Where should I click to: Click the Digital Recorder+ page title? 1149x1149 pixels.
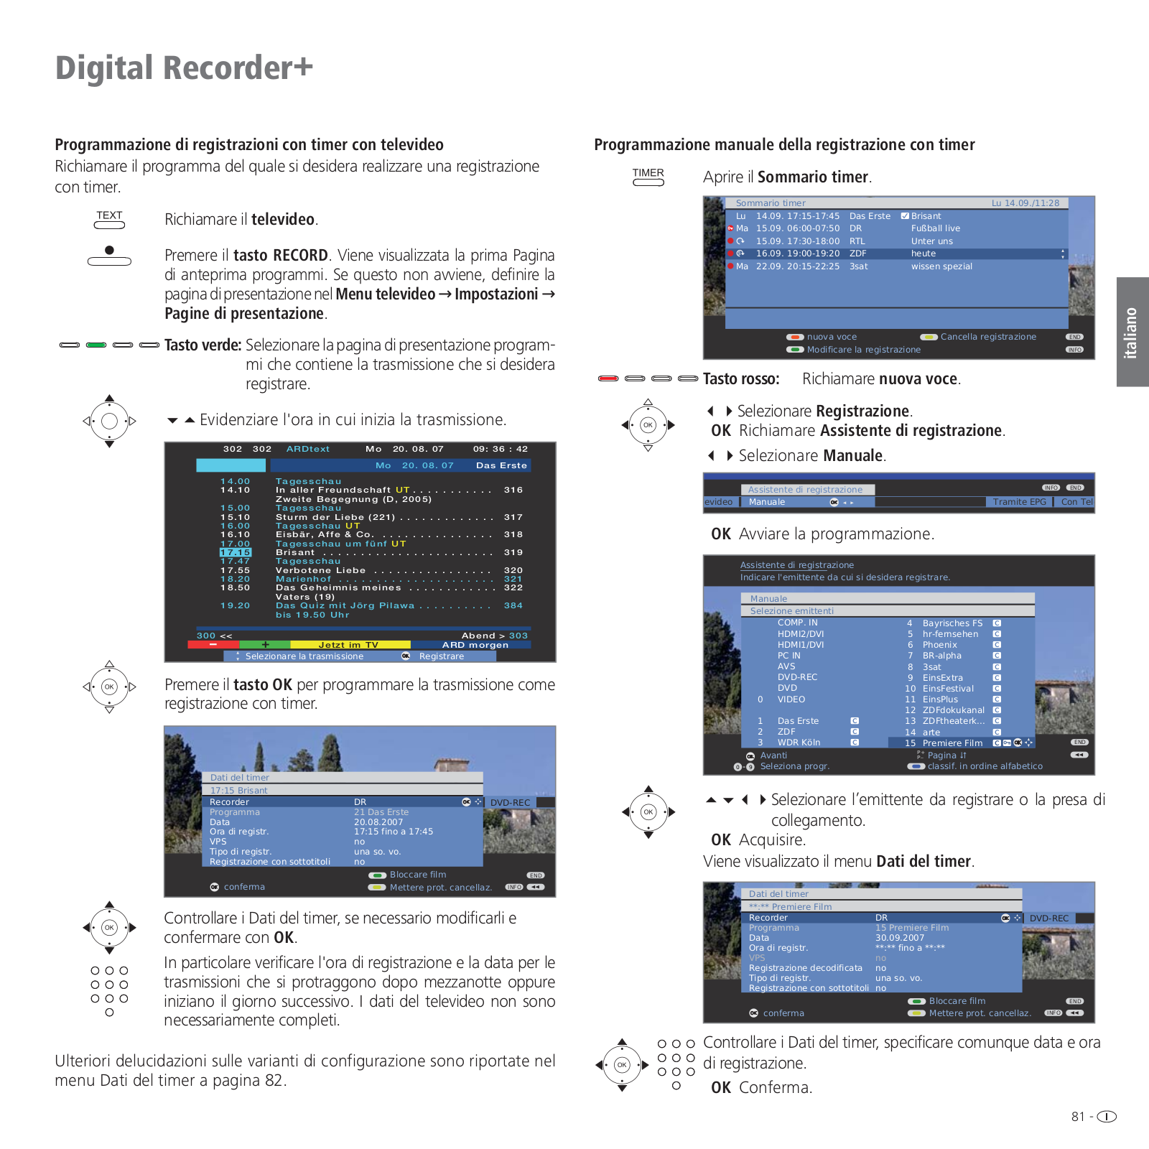point(184,68)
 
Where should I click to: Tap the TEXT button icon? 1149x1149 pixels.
point(109,220)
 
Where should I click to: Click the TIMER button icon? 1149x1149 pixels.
point(648,177)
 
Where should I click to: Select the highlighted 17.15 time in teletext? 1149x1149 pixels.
point(236,552)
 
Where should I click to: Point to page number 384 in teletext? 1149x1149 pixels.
point(513,605)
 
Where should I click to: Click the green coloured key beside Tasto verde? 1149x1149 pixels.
point(96,345)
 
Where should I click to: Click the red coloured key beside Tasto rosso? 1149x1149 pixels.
point(608,378)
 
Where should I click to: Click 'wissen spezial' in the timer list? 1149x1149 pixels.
point(941,266)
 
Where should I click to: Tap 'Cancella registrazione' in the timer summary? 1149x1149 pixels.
point(988,337)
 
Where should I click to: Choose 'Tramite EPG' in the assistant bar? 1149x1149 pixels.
point(1019,502)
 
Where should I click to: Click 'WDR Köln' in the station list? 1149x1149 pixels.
point(799,743)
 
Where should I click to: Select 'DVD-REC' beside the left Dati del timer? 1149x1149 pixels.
point(510,803)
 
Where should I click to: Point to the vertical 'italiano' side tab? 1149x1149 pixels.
point(1131,332)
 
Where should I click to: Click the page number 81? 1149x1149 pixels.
point(1078,1117)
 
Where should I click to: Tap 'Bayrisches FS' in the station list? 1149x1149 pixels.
point(952,623)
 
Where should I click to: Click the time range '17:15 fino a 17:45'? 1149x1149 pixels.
point(394,832)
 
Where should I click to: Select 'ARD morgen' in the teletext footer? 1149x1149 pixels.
point(475,645)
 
